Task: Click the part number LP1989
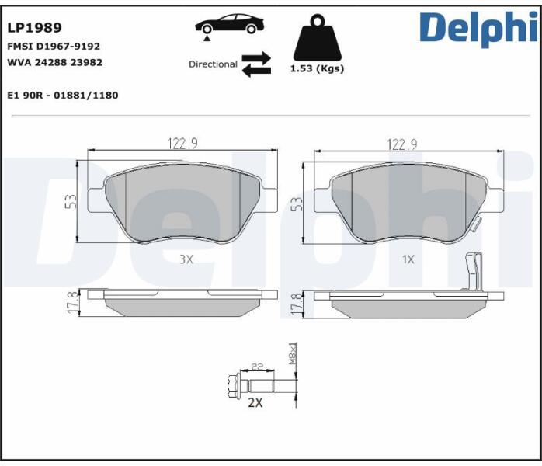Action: (35, 28)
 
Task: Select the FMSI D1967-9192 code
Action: (54, 47)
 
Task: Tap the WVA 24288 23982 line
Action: (54, 63)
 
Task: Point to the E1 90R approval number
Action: (63, 95)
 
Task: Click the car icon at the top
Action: (230, 24)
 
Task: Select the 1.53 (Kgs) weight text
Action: (317, 68)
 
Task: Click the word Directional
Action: (213, 64)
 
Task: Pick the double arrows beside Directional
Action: (256, 64)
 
